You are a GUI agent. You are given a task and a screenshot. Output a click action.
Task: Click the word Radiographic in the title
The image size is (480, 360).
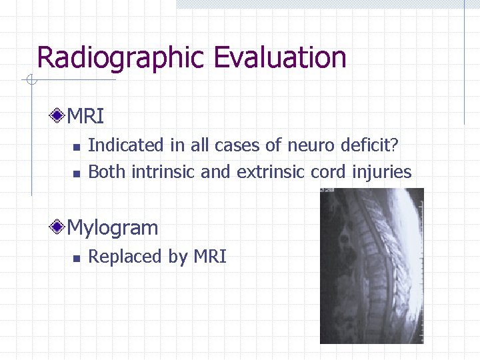(123, 58)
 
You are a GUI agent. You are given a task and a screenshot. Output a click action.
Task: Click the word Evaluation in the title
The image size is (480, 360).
(280, 58)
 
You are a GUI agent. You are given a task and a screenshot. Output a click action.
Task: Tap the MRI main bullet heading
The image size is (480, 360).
(86, 117)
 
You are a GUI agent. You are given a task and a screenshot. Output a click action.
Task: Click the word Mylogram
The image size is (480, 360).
(113, 228)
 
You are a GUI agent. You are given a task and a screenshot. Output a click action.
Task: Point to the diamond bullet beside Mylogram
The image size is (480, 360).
(59, 228)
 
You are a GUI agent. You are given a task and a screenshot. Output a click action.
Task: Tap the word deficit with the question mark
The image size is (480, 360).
(373, 145)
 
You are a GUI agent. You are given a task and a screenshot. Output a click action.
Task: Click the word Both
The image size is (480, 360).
(107, 172)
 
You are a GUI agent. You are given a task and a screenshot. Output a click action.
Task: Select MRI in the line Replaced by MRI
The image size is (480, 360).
(210, 257)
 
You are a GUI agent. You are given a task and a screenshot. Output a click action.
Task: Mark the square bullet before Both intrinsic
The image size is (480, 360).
(76, 173)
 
